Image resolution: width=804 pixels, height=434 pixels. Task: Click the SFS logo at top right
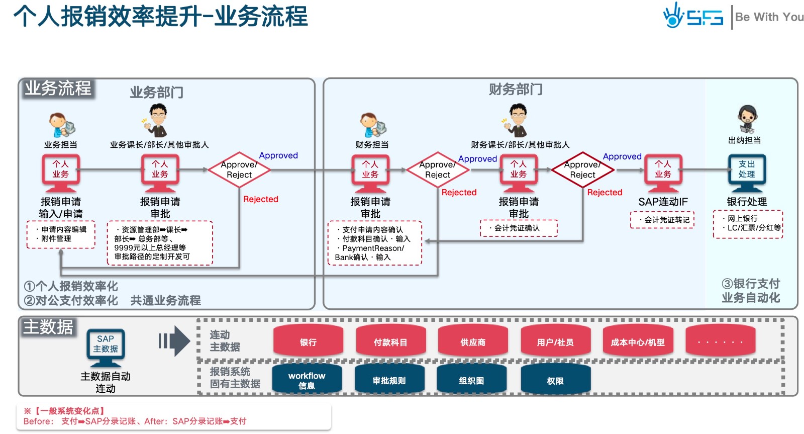(x=693, y=16)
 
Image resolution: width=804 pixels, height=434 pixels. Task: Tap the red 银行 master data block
(x=308, y=341)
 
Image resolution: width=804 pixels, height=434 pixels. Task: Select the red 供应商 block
(x=473, y=341)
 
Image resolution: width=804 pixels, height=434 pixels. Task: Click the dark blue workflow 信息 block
(x=307, y=380)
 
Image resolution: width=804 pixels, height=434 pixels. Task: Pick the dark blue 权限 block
(x=555, y=380)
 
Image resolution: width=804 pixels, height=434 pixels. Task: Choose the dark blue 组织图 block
(x=471, y=380)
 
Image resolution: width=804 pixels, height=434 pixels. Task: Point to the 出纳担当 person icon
(x=747, y=119)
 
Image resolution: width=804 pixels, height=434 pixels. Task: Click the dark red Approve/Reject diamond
(x=582, y=170)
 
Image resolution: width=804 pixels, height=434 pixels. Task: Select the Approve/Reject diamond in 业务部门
(x=239, y=170)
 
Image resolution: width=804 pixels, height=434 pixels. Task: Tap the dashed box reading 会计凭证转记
(x=662, y=220)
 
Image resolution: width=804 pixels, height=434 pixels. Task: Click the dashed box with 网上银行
(x=748, y=224)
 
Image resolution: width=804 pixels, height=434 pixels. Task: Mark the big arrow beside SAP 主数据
(x=174, y=341)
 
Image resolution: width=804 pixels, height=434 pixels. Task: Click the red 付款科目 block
(x=390, y=341)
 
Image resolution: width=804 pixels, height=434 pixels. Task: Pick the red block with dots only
(x=720, y=341)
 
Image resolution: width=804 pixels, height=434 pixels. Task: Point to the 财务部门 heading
(x=516, y=90)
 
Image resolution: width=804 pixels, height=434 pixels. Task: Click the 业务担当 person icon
(x=62, y=124)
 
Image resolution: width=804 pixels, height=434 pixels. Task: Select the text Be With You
(x=769, y=17)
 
